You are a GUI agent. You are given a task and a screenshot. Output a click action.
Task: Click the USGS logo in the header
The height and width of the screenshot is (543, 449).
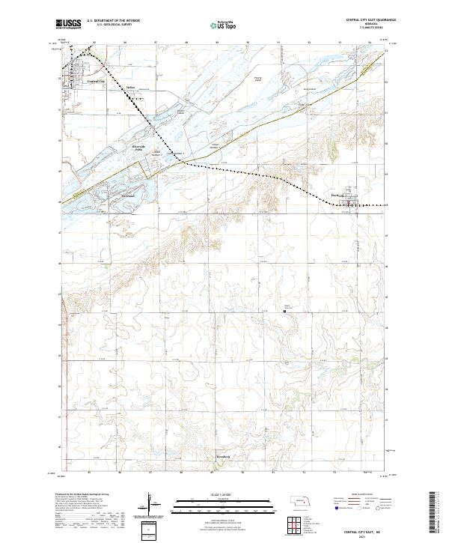(68, 24)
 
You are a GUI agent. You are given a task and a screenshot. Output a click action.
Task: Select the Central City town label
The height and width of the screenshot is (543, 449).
(96, 81)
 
